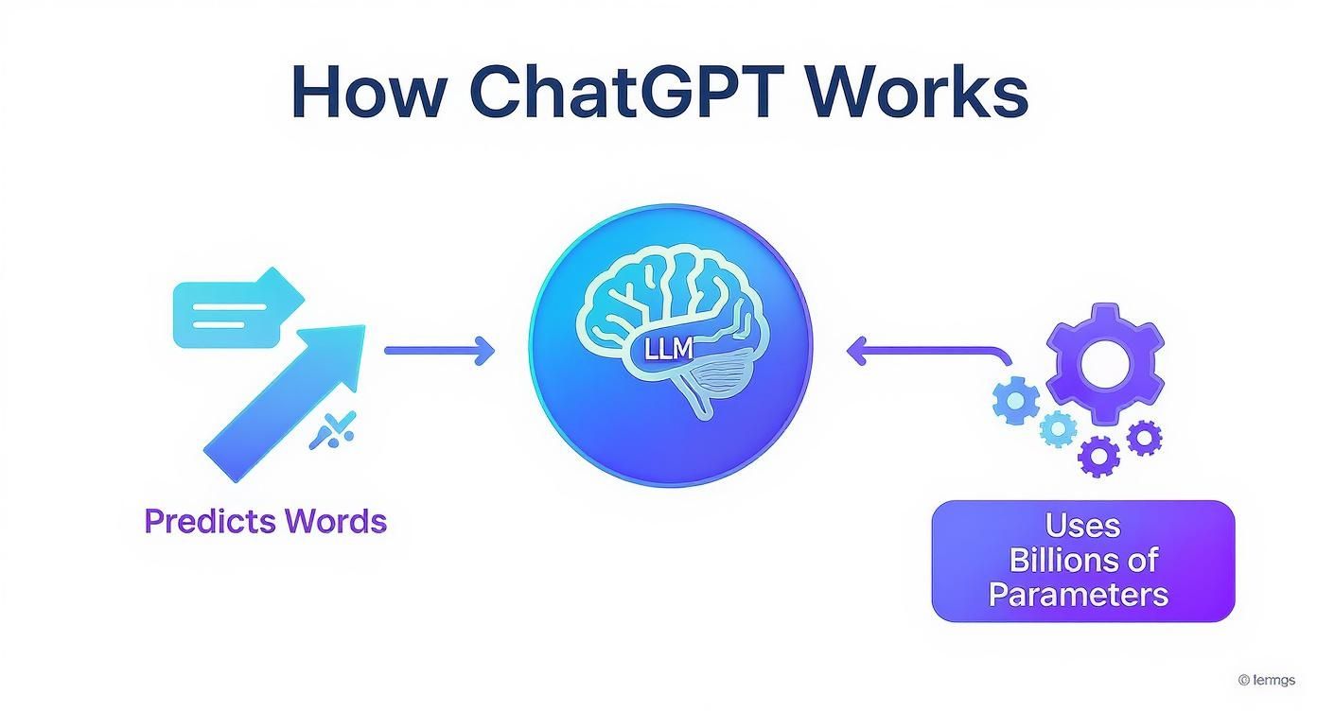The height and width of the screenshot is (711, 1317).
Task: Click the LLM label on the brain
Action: pos(668,348)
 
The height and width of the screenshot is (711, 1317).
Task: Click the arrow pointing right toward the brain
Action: pos(439,351)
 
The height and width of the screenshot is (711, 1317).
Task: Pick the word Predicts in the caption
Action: pos(209,521)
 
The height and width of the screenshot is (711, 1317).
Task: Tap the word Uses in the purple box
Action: pos(1082,526)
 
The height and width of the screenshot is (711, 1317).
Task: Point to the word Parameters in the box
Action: pos(1079,595)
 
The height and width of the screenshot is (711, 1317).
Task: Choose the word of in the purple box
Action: pos(1138,560)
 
